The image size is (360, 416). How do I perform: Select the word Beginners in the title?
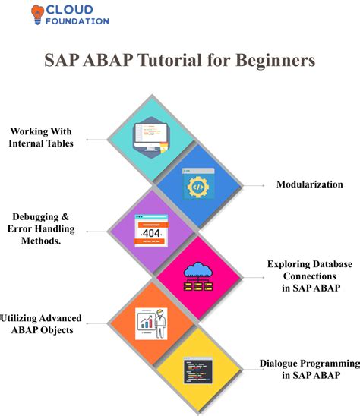[x=273, y=59]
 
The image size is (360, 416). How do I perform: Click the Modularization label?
[x=308, y=184]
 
